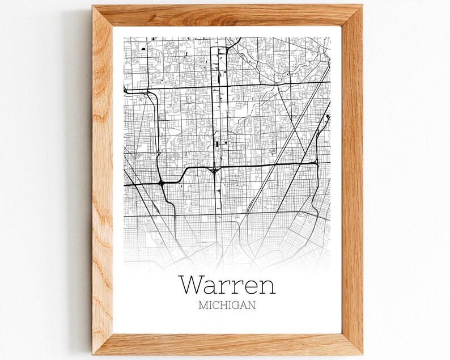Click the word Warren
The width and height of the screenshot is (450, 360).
(x=227, y=284)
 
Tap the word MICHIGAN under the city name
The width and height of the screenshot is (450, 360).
(x=227, y=305)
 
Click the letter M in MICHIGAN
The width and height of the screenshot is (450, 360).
(x=203, y=305)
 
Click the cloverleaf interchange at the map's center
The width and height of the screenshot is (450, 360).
(x=214, y=170)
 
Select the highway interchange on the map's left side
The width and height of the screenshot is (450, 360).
(x=162, y=183)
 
